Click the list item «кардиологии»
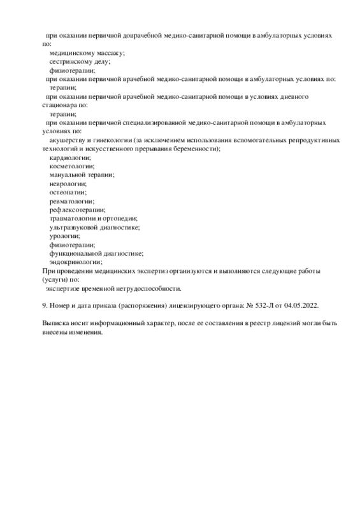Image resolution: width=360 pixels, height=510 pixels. (x=70, y=157)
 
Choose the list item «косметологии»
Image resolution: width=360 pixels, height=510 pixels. (x=71, y=166)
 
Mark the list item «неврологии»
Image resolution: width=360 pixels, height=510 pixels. (x=68, y=183)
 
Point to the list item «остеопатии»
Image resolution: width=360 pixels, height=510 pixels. (x=68, y=191)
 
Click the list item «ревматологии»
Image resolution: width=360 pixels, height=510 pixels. (x=71, y=200)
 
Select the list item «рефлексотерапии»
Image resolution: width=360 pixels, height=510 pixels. (x=77, y=209)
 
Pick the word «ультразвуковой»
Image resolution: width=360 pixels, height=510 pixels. (x=75, y=226)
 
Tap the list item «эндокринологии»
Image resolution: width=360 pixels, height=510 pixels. (x=75, y=261)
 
